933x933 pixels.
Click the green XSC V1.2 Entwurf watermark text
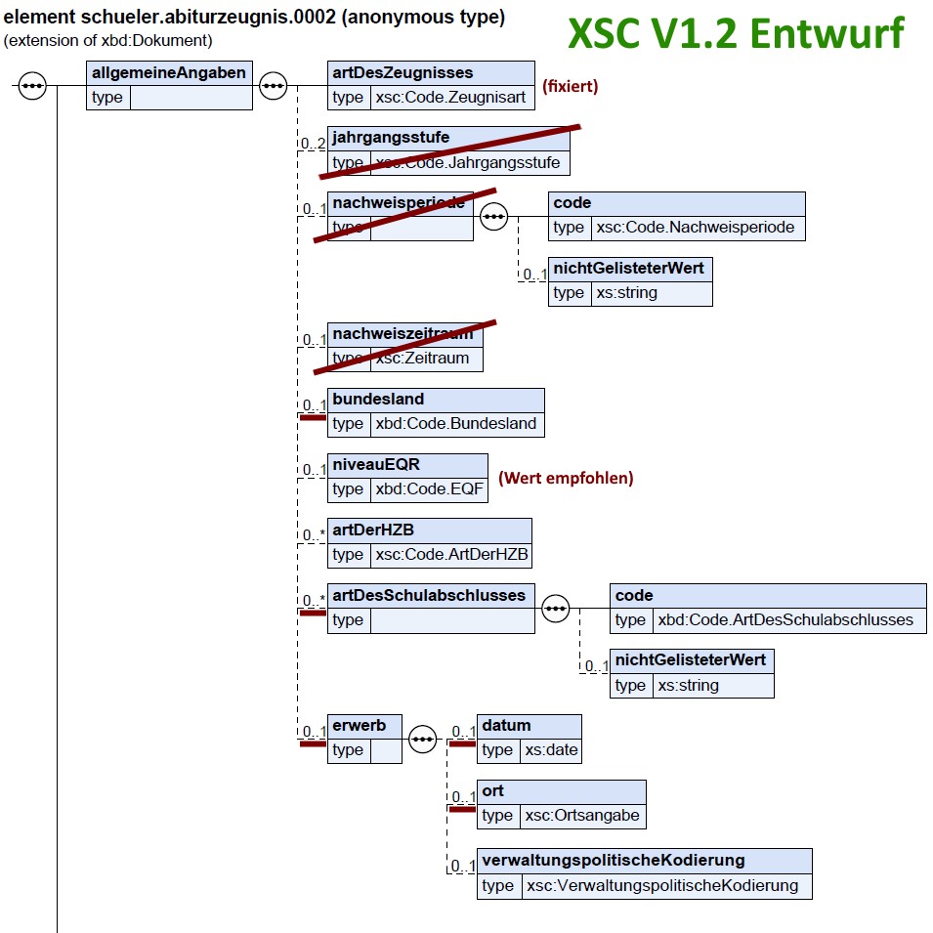pos(736,33)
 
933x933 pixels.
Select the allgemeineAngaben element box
pos(168,84)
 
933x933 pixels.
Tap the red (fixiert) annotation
pos(570,86)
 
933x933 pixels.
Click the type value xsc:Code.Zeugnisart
pos(450,97)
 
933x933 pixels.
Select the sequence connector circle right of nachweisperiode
pos(494,216)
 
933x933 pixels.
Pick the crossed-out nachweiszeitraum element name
pos(403,333)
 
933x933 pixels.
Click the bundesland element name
pos(378,400)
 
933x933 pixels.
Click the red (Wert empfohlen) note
pos(566,478)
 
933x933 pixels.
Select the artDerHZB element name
pos(373,530)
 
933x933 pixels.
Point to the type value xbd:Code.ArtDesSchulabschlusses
pos(785,619)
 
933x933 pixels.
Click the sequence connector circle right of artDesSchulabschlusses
pos(556,608)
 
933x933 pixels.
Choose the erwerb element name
pos(359,726)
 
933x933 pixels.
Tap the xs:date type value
pos(551,750)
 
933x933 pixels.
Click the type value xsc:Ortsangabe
pos(582,816)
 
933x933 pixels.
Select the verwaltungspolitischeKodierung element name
pos(614,861)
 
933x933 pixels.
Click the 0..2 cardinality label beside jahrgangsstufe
pos(313,144)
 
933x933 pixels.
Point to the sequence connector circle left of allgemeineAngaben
pos(32,85)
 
